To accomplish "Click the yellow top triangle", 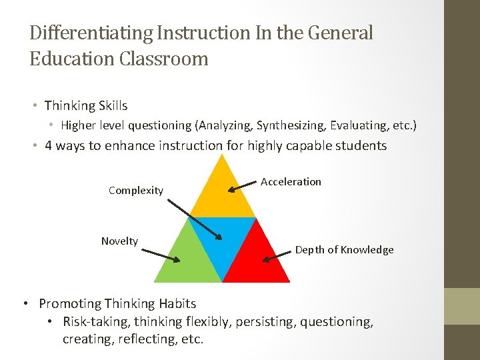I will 223,193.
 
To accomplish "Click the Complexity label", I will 136,191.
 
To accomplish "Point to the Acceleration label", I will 291,181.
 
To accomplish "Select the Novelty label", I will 119,241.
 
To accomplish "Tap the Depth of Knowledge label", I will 345,250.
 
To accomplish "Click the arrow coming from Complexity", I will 193,217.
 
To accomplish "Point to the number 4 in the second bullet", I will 48,145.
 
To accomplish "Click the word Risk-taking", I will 96,322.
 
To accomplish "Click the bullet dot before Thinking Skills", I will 34,106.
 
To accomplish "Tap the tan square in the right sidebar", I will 462,306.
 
